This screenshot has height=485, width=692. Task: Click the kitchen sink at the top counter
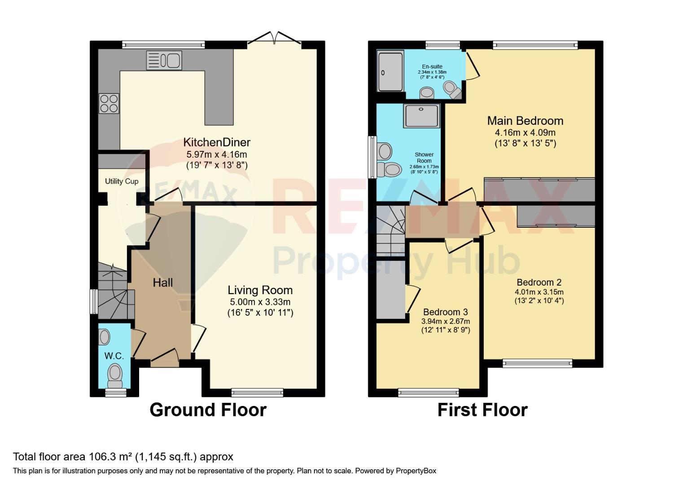tap(164, 60)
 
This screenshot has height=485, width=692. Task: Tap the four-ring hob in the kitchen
tap(109, 103)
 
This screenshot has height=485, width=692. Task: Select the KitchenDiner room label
tap(217, 142)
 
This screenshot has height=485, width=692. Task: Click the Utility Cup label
tap(122, 181)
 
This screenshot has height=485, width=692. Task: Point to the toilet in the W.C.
tap(115, 375)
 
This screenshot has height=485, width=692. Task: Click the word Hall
tap(163, 282)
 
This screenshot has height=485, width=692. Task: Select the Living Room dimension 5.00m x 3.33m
tap(260, 302)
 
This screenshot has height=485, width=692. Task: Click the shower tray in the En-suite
tap(390, 71)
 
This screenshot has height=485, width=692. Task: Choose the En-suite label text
tap(432, 66)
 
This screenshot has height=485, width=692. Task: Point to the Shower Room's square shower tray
tap(421, 115)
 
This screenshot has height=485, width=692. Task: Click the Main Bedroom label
tap(525, 120)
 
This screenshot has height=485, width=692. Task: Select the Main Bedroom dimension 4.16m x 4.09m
tap(525, 132)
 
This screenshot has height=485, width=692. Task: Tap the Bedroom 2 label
tap(539, 282)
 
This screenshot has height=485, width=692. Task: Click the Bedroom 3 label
tap(446, 312)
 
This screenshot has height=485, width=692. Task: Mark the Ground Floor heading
tap(208, 410)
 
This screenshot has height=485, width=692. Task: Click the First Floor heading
tap(482, 410)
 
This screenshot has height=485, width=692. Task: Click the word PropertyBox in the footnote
tap(416, 471)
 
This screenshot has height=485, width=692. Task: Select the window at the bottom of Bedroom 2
tap(538, 363)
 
